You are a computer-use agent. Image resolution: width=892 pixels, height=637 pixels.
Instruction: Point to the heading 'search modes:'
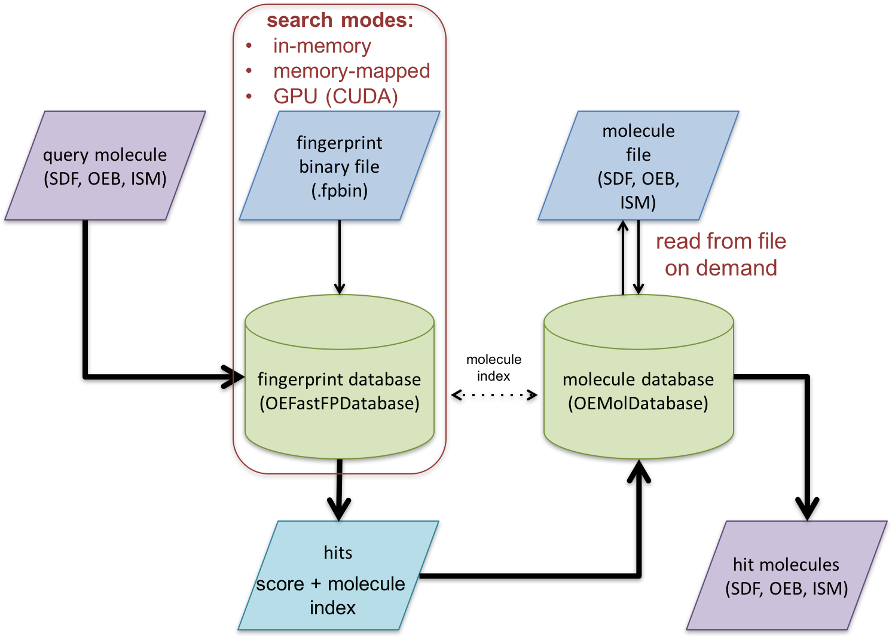pyautogui.click(x=340, y=20)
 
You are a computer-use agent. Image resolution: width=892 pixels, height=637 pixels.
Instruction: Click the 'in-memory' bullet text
pyautogui.click(x=322, y=46)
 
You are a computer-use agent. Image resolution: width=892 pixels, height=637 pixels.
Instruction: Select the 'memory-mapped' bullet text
pyautogui.click(x=352, y=71)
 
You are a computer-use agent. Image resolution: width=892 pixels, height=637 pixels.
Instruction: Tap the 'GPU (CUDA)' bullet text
pyautogui.click(x=335, y=96)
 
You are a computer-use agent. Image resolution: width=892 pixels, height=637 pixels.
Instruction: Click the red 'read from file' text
pyautogui.click(x=721, y=241)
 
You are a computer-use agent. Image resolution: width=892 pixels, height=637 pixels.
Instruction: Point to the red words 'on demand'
pyautogui.click(x=721, y=268)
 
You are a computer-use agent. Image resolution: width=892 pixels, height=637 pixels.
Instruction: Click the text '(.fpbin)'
pyautogui.click(x=339, y=191)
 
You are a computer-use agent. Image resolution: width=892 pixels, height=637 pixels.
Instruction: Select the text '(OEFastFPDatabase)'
pyautogui.click(x=339, y=403)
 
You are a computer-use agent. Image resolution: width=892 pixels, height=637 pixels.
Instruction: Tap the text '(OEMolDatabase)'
pyautogui.click(x=638, y=403)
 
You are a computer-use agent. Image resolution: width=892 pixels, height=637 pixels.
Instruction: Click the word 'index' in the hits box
pyautogui.click(x=332, y=608)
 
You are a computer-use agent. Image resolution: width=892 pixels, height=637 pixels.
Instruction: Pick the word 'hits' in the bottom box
pyautogui.click(x=338, y=553)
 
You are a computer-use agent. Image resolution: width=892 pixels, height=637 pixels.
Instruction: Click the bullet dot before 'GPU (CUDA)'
pyautogui.click(x=249, y=97)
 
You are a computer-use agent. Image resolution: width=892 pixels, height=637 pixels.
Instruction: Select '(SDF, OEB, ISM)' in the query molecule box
pyautogui.click(x=105, y=179)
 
